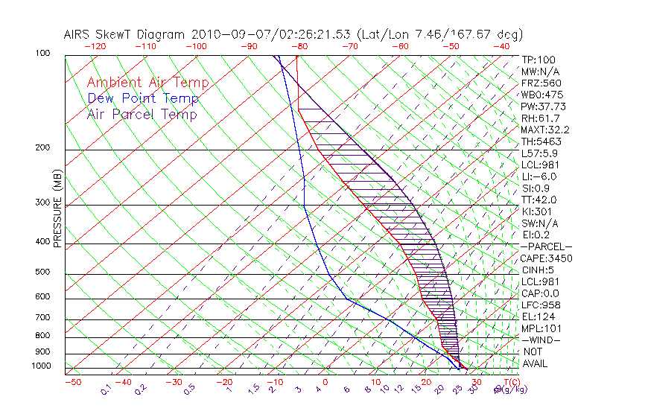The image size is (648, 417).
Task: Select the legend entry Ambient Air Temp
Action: point(147,83)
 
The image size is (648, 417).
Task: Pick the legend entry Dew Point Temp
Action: point(143,98)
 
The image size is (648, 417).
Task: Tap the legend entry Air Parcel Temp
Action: point(142,114)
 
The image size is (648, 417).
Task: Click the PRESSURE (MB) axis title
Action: point(57,208)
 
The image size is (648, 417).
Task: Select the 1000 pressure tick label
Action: point(42,366)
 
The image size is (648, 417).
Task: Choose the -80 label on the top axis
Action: point(299,45)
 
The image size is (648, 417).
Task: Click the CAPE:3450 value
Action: point(546,258)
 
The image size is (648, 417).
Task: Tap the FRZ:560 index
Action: point(541,83)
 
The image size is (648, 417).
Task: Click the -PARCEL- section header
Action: point(546,246)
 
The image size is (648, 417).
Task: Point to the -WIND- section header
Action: point(541,340)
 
